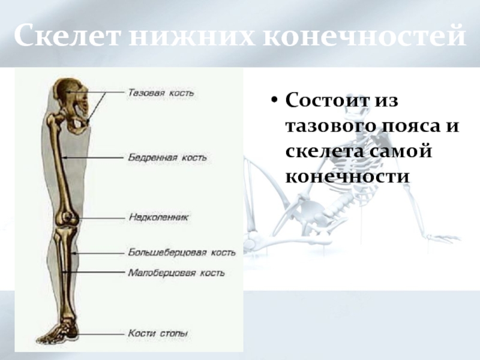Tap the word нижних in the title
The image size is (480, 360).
[x=188, y=37]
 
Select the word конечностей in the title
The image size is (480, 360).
[x=362, y=37]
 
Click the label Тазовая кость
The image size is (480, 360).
[x=161, y=93]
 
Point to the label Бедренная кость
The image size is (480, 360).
[x=167, y=157]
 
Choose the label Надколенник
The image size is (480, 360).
[x=158, y=217]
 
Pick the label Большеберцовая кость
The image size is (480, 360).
[x=182, y=252]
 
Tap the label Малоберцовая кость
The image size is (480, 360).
[x=176, y=272]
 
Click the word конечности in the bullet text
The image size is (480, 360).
[x=347, y=177]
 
